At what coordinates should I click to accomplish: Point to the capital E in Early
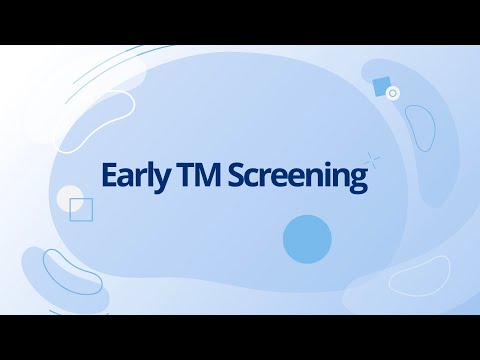pos(109,175)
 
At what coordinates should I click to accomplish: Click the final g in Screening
pos(359,180)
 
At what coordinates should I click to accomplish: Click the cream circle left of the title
pos(70,198)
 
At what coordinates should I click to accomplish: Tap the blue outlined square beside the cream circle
pos(81,209)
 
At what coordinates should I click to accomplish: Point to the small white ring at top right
pos(393,93)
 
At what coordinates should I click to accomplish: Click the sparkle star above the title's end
pos(373,157)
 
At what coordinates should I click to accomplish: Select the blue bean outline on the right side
pos(419,131)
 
